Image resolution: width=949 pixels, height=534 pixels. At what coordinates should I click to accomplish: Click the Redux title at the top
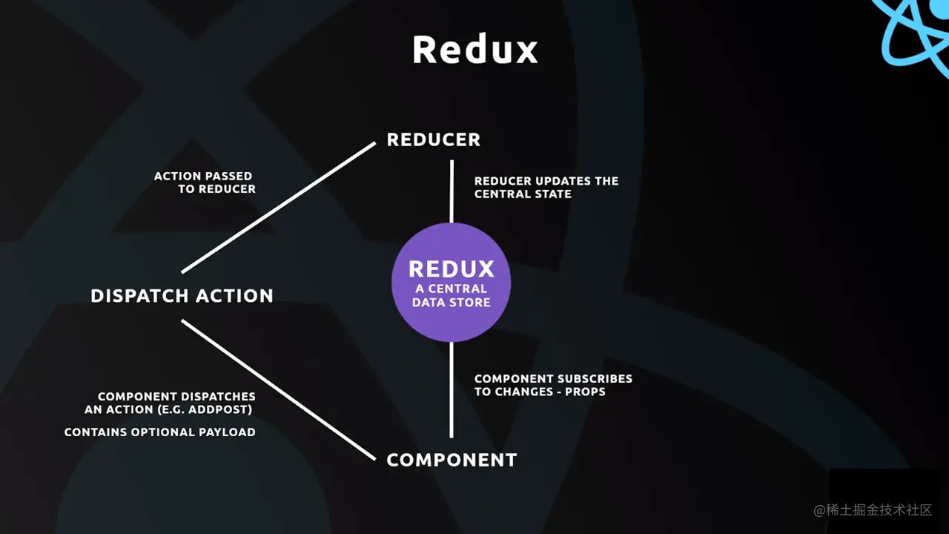(x=474, y=50)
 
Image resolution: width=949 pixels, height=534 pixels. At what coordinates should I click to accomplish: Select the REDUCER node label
(x=433, y=139)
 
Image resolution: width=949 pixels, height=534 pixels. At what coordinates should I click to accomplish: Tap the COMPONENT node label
(x=452, y=460)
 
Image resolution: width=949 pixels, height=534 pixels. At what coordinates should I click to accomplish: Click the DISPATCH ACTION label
(x=182, y=296)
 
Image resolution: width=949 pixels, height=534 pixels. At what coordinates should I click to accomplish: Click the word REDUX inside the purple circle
(x=451, y=268)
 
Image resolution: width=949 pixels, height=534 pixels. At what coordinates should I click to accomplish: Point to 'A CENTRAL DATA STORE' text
(x=451, y=295)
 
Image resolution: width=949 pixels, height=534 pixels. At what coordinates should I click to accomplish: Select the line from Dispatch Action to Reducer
(x=279, y=208)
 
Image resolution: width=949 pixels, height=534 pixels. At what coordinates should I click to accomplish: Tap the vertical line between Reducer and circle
(x=452, y=191)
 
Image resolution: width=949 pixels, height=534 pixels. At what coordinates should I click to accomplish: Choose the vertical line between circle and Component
(x=452, y=389)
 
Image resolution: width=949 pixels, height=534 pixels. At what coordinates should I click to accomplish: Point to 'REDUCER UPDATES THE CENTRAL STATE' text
(x=546, y=187)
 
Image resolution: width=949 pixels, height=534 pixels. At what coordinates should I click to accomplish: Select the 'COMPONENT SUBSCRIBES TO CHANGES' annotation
(x=553, y=384)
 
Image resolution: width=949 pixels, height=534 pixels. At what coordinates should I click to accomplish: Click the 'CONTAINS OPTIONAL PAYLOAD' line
(x=159, y=432)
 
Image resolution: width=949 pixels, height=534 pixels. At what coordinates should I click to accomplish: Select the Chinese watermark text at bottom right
(x=873, y=510)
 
